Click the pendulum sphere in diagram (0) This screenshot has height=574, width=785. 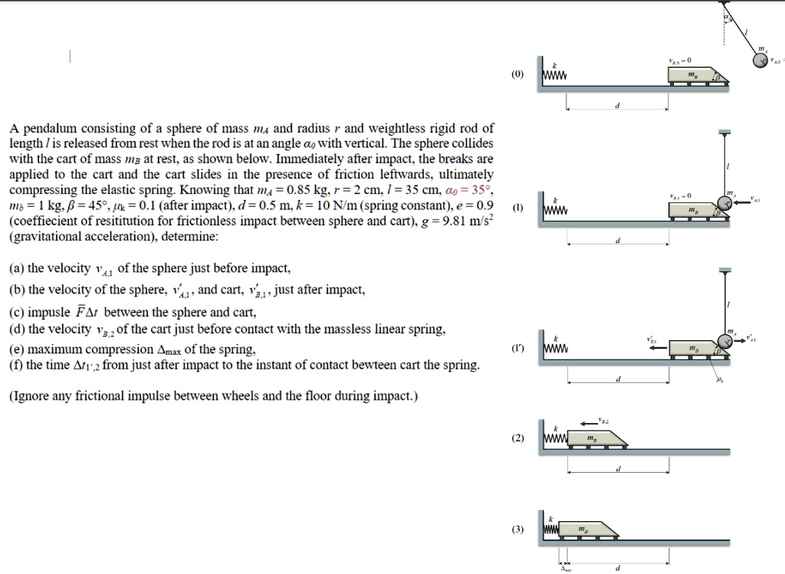coord(758,61)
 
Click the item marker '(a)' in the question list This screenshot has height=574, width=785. coord(18,268)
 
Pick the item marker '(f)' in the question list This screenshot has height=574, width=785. coord(17,365)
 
